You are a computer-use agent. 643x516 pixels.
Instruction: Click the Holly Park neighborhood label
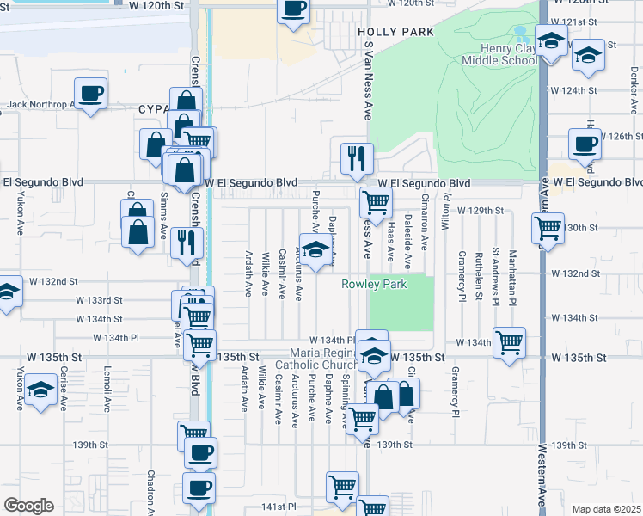[x=395, y=32]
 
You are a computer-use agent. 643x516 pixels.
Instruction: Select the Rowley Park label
[x=374, y=284]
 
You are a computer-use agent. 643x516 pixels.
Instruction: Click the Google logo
[x=29, y=505]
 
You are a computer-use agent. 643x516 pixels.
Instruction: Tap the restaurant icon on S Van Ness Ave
[x=357, y=157]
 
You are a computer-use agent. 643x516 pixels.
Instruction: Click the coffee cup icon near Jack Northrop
[x=90, y=93]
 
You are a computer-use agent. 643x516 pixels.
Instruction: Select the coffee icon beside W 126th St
[x=585, y=144]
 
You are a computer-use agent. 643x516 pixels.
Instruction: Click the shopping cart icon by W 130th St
[x=548, y=228]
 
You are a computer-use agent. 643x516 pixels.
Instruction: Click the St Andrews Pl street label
[x=496, y=277]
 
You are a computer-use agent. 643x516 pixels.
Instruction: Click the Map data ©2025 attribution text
[x=606, y=509]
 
